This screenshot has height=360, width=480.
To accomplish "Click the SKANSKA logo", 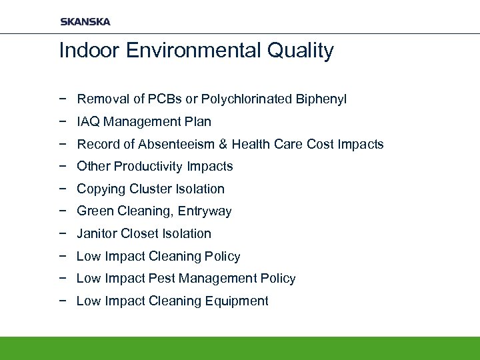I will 85,21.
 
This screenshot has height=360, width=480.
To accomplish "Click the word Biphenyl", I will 323,99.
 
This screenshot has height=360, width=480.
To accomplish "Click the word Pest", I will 157,279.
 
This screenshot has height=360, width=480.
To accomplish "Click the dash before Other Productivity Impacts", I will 63,167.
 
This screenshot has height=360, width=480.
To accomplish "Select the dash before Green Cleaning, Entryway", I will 63,211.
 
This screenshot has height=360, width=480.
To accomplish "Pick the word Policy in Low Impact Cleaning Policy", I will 223,257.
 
